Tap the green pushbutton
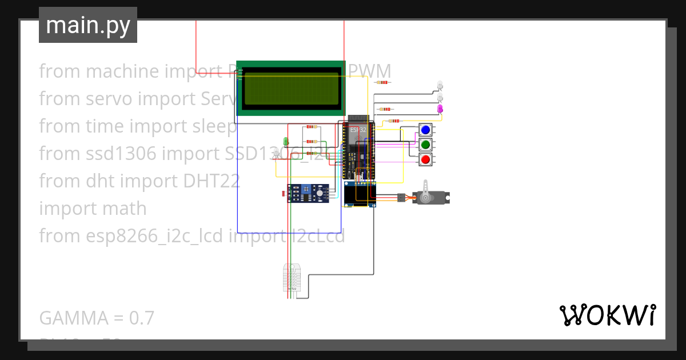click(x=425, y=145)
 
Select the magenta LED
click(x=440, y=109)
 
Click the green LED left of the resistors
click(x=286, y=141)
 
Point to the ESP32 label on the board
click(x=358, y=130)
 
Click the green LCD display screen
click(x=291, y=87)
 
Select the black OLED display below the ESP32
click(x=360, y=194)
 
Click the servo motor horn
click(x=425, y=197)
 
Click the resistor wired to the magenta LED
click(x=386, y=109)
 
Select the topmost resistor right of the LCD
click(x=382, y=82)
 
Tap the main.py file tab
click(x=88, y=25)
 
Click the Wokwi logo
click(x=607, y=315)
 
